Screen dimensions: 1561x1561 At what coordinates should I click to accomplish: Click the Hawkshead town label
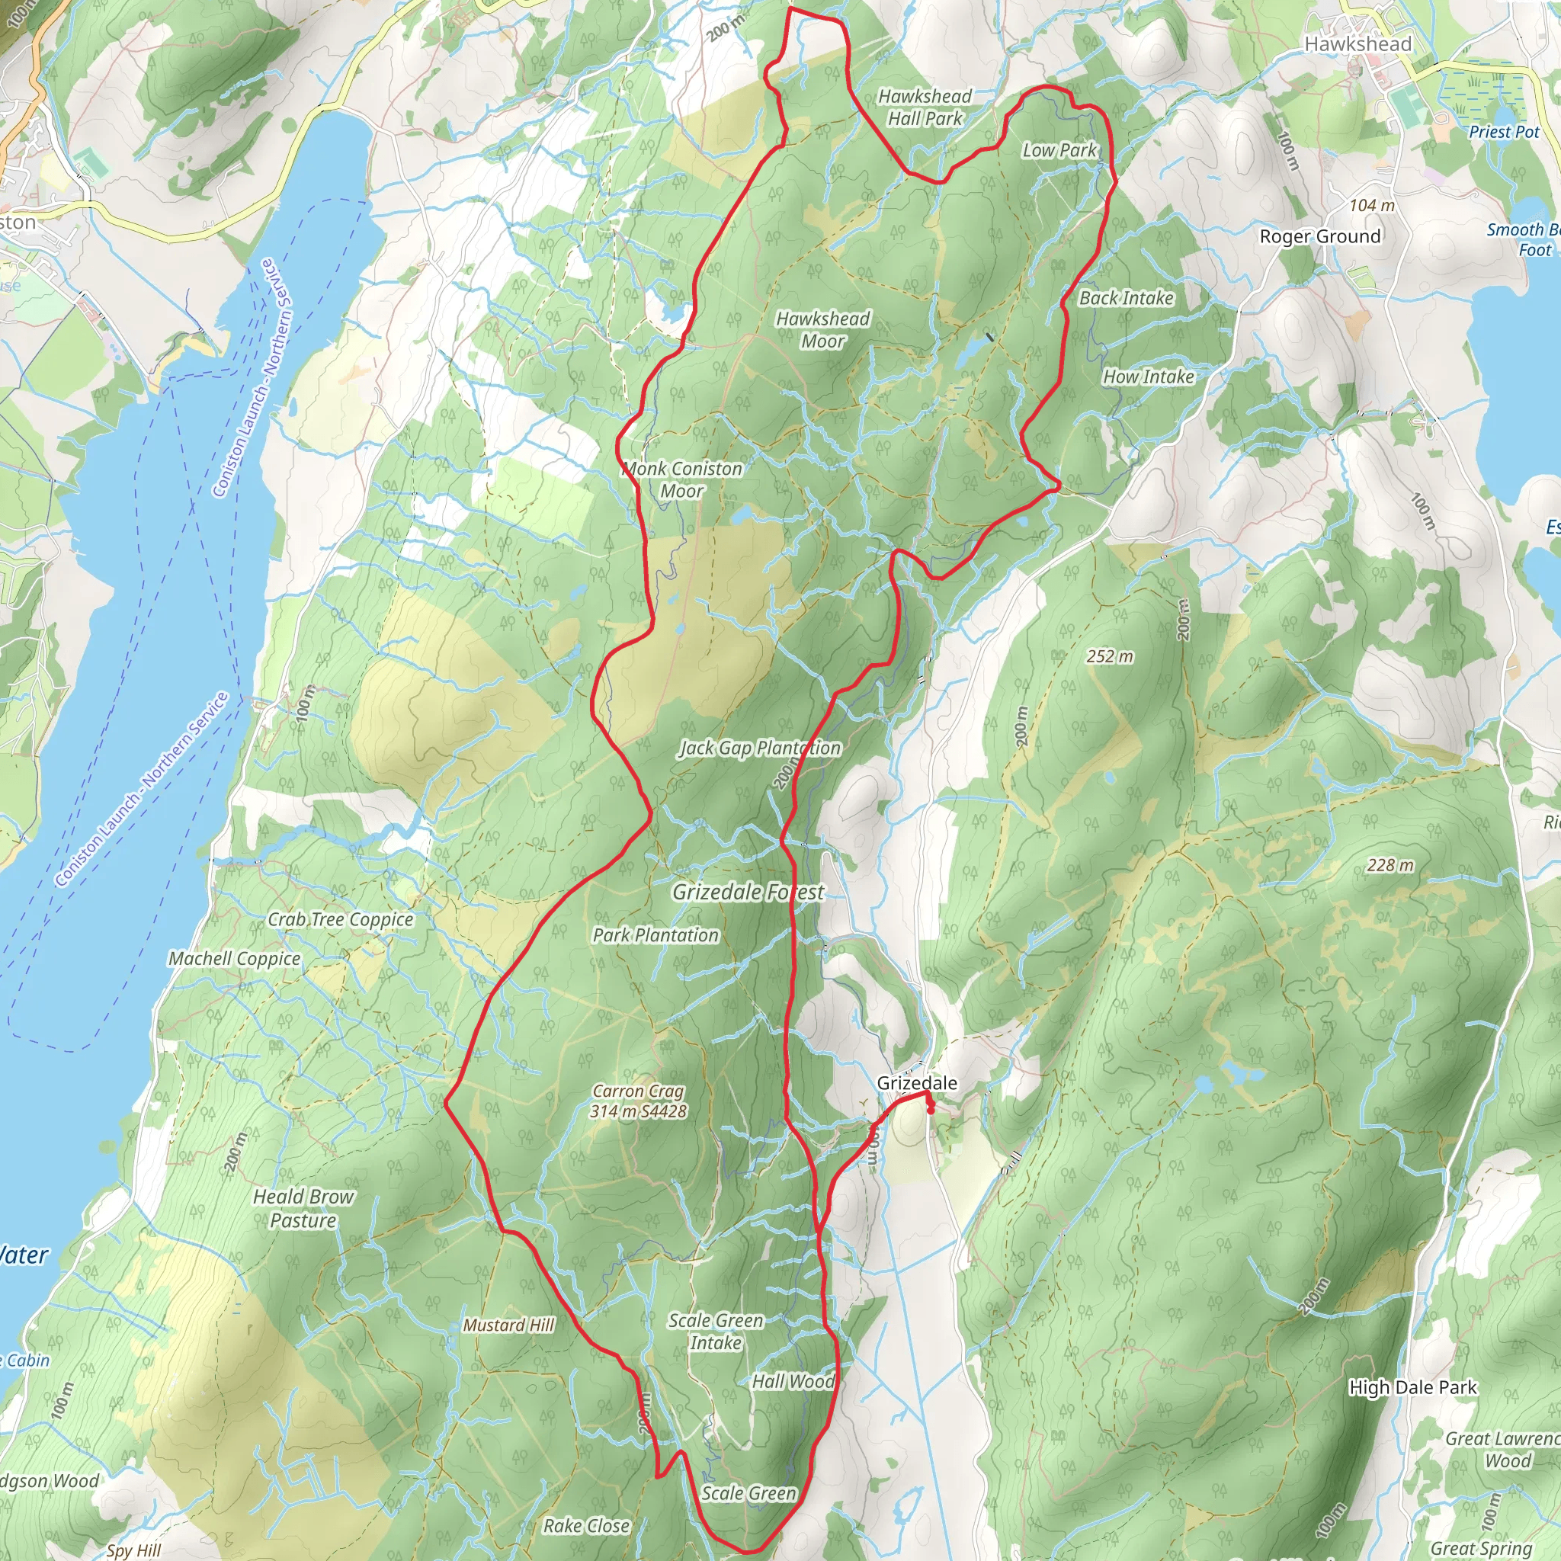point(1358,44)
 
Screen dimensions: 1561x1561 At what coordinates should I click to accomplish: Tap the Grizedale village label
point(916,1082)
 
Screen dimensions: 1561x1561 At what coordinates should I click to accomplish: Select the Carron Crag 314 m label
point(637,1101)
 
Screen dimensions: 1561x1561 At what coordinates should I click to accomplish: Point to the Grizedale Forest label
point(748,892)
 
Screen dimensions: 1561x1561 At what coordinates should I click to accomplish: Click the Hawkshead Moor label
point(822,329)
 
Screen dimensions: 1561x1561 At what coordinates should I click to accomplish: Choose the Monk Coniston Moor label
point(683,479)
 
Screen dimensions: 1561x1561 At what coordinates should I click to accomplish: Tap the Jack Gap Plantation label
point(759,748)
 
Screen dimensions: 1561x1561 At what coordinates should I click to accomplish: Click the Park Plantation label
point(655,934)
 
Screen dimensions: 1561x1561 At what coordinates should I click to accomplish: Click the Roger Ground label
point(1319,237)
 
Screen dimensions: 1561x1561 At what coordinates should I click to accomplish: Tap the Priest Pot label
point(1504,132)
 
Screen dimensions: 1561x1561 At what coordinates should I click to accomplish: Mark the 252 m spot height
point(1108,656)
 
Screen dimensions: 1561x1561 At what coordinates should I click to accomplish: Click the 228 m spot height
point(1390,865)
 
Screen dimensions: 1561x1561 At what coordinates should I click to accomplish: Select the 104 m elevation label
point(1371,205)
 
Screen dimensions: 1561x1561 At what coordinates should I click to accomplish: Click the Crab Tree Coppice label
point(340,919)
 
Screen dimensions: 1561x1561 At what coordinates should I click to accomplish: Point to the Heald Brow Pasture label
point(303,1209)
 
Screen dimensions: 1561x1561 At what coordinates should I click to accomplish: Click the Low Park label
point(1059,150)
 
